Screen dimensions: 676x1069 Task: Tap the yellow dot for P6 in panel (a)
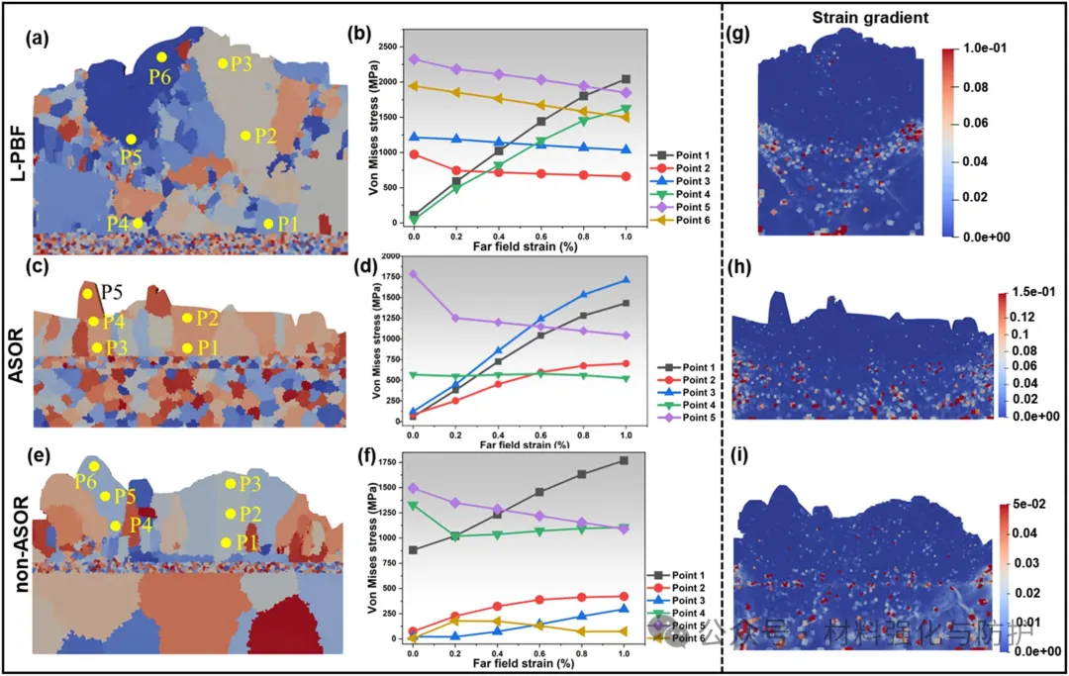[161, 57]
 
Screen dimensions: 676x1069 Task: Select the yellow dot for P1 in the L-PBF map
[268, 224]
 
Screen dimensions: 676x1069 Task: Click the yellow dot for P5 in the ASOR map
[87, 294]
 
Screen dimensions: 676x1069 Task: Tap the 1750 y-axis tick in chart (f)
[389, 461]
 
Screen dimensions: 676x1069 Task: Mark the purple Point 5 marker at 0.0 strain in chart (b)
[413, 59]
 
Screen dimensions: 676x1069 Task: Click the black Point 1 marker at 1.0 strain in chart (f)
[626, 460]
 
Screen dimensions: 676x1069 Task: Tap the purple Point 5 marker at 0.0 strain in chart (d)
[413, 274]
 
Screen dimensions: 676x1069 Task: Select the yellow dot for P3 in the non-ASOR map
[231, 484]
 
